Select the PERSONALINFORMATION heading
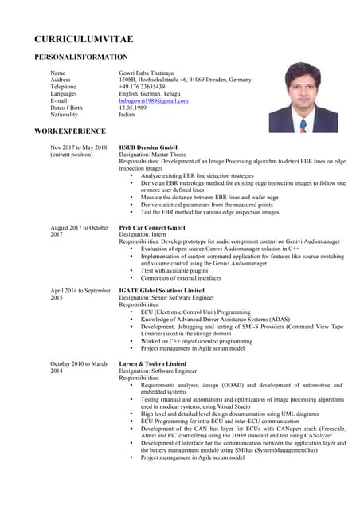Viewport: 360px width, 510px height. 80,57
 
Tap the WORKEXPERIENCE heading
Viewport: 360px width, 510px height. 70,130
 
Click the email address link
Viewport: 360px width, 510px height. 154,101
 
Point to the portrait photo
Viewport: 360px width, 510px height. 303,97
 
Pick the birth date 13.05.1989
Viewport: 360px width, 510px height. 135,108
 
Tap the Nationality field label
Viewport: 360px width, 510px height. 65,115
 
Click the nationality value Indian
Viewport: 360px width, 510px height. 127,115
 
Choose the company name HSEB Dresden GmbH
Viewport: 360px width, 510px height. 148,147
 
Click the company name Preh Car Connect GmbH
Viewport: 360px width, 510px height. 155,227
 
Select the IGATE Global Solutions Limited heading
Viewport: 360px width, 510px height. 162,291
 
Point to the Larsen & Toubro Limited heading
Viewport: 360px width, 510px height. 152,363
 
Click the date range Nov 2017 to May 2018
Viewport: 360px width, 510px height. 80,147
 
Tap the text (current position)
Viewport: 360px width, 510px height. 72,155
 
